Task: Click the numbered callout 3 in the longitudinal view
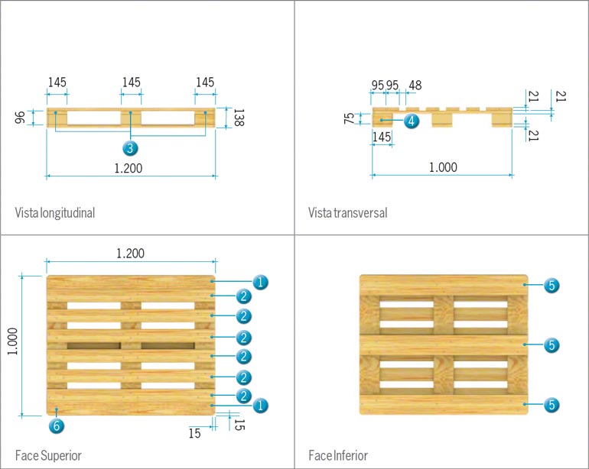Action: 131,147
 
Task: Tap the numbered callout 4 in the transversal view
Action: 411,121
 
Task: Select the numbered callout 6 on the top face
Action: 56,425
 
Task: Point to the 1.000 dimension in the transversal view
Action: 442,167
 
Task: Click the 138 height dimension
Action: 238,118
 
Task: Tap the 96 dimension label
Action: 21,117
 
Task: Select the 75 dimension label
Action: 349,118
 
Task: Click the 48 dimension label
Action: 415,85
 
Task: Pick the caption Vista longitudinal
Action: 54,212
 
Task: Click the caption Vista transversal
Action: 347,212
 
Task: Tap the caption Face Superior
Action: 47,455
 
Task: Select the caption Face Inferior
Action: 338,455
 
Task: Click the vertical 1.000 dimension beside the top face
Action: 12,345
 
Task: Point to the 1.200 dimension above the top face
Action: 130,253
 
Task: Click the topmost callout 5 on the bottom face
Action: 552,286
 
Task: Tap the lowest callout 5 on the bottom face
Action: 552,404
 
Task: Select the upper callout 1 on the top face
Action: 260,283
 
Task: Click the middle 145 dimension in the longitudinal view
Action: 131,82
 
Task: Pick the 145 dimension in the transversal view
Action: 382,136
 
